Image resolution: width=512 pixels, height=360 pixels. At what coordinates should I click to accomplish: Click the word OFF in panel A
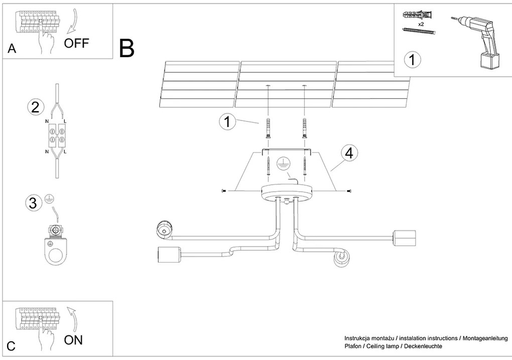tap(76, 43)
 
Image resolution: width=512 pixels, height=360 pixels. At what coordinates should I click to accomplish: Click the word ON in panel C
tap(73, 340)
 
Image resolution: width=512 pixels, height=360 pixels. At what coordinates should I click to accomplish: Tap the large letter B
tap(127, 48)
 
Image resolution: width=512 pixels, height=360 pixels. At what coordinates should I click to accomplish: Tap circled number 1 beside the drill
tap(412, 60)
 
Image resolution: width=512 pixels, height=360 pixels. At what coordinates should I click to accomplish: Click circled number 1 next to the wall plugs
tap(227, 122)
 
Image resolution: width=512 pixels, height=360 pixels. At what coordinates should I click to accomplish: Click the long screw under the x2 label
tap(419, 32)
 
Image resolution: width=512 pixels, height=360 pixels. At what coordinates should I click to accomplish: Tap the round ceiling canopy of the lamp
tap(287, 192)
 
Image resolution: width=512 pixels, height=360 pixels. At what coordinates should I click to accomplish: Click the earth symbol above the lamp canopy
tap(284, 162)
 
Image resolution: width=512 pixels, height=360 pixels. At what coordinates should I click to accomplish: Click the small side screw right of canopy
tap(349, 191)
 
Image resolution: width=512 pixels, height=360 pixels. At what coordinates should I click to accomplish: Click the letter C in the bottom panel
tap(11, 346)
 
